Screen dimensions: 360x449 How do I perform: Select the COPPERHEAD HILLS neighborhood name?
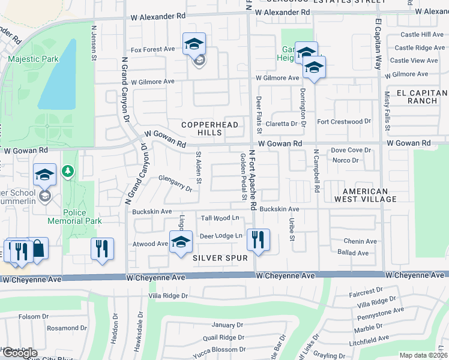click(210, 128)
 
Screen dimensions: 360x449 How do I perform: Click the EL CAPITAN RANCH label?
click(421, 97)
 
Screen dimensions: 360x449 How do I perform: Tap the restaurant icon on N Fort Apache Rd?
click(258, 240)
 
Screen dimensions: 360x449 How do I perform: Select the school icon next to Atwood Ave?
click(181, 242)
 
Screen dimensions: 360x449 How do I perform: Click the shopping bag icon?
click(37, 248)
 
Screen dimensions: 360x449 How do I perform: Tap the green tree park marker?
click(69, 172)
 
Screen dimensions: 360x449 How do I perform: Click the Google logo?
click(19, 353)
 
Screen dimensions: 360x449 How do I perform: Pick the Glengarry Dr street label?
click(175, 183)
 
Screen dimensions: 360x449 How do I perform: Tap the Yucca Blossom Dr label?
click(220, 349)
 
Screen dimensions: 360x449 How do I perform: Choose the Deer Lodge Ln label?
click(221, 236)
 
